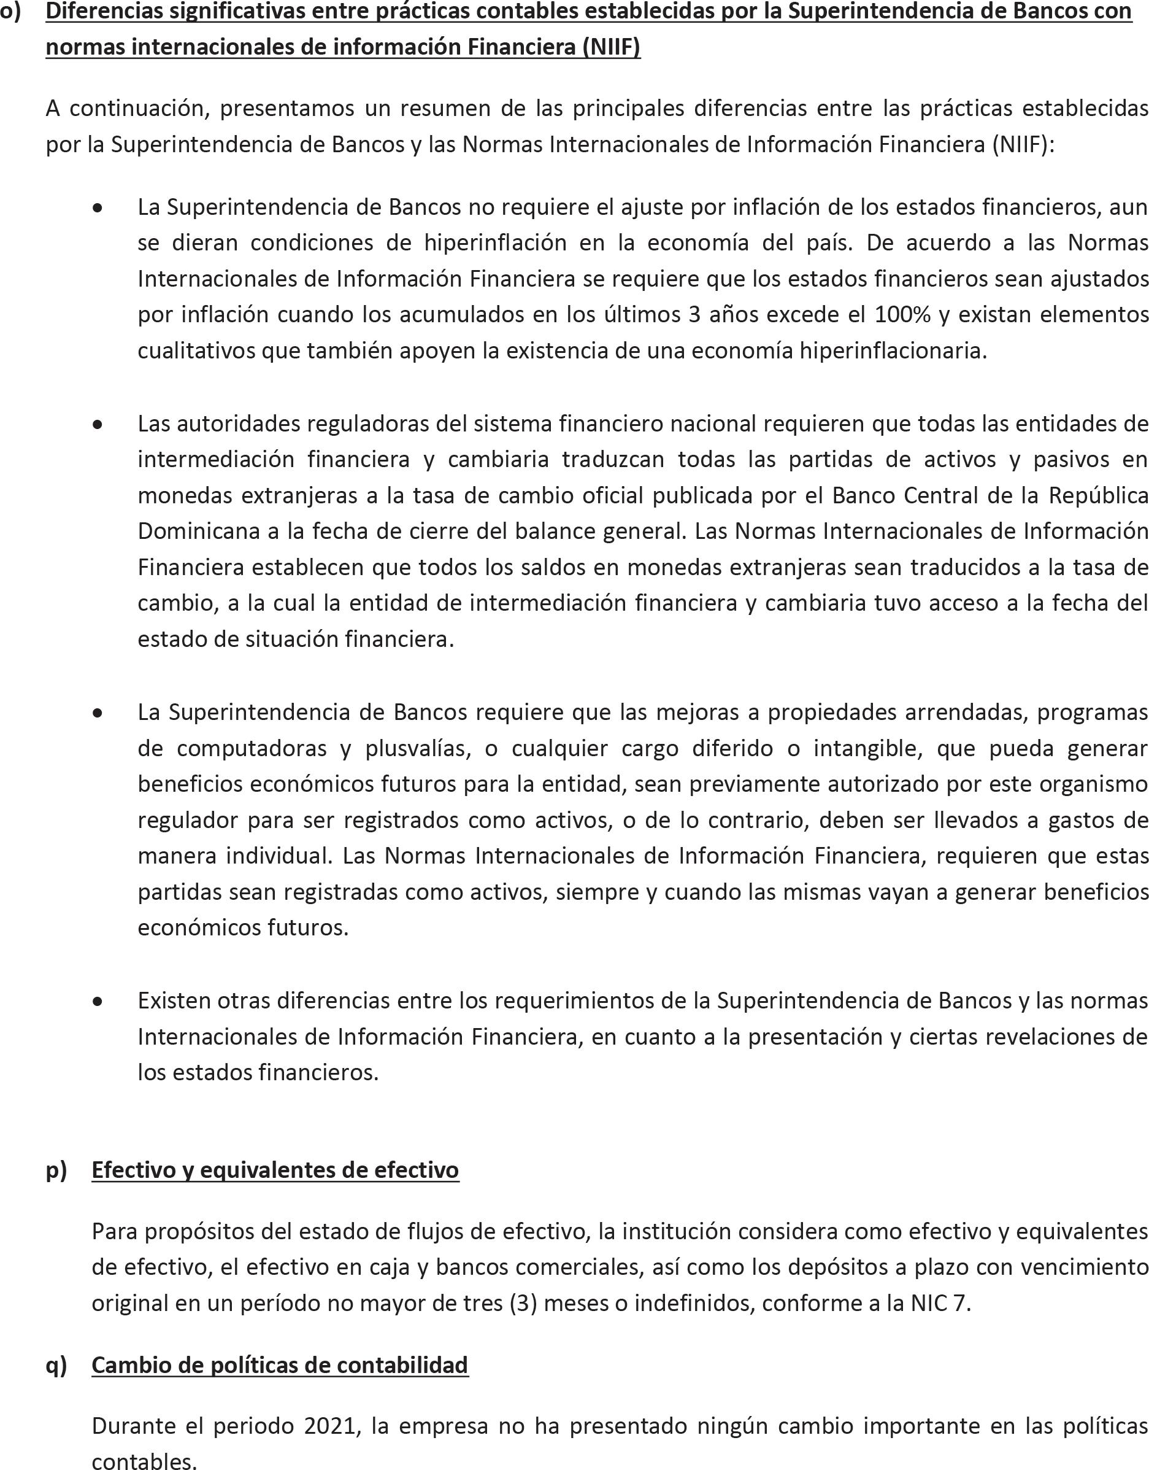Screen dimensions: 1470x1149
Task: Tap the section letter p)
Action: pos(56,1170)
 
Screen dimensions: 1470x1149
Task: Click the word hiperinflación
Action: pos(495,242)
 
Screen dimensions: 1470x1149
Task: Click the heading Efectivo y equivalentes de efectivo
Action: pos(275,1170)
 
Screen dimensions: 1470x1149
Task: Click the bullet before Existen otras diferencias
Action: pos(98,1002)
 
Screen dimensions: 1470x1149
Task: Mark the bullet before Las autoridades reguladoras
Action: pos(98,425)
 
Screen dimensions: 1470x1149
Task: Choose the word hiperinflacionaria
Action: pos(893,350)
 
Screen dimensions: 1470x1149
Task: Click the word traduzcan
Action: pos(613,459)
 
